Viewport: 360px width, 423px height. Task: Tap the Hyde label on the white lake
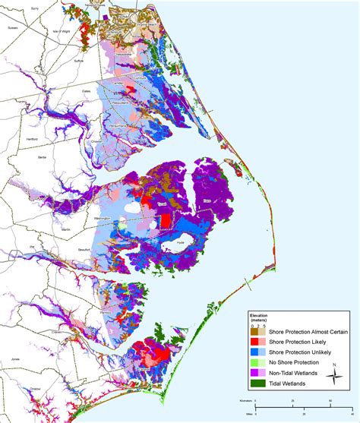coord(180,242)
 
